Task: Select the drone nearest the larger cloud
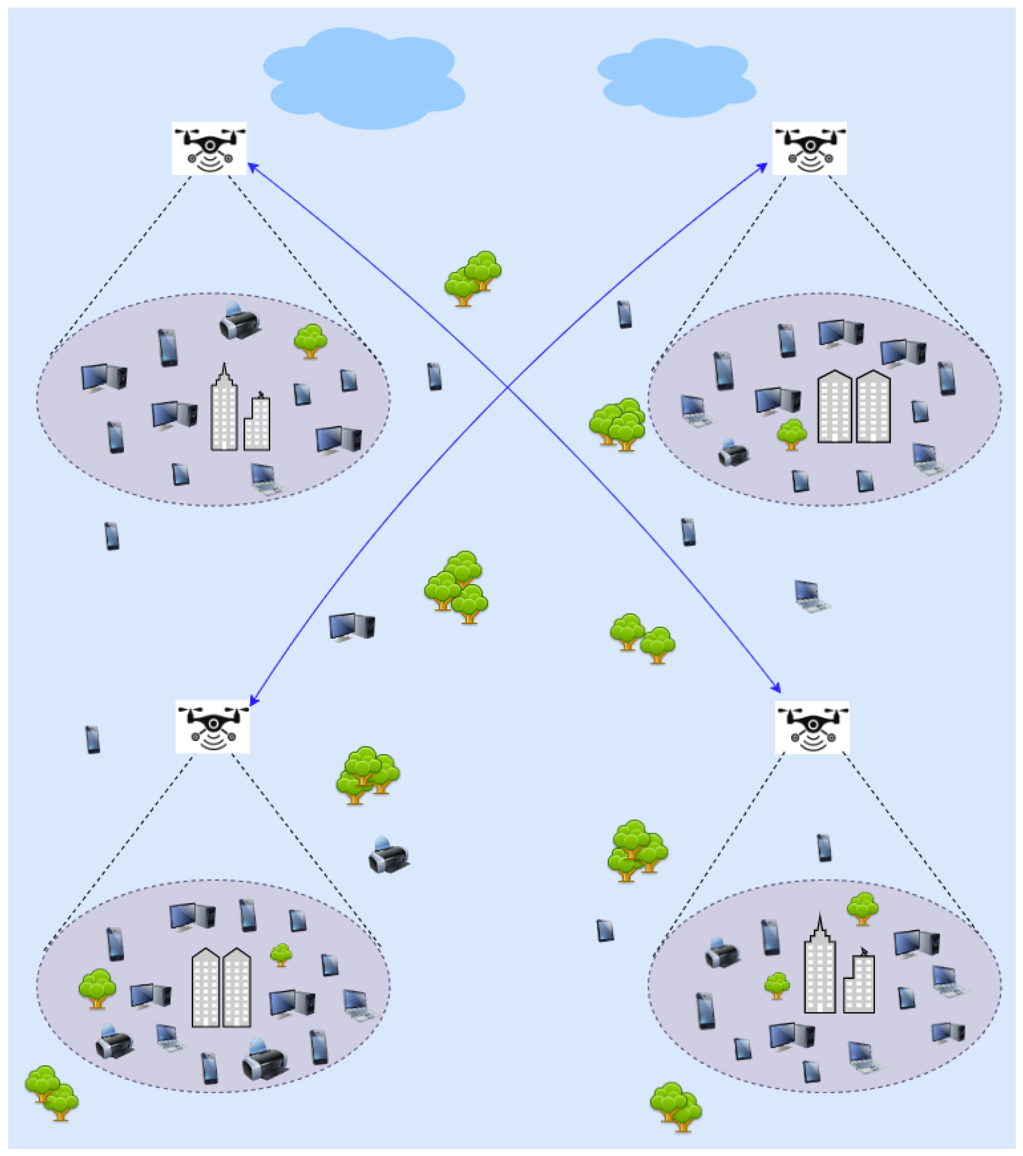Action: [209, 148]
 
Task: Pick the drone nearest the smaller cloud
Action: [810, 148]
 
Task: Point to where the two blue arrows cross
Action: [508, 388]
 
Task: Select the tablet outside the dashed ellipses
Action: [605, 930]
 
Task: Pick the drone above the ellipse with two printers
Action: [213, 727]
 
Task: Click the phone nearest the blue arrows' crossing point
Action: [434, 376]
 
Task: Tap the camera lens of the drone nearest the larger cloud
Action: [210, 145]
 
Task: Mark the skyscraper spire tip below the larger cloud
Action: [225, 365]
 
